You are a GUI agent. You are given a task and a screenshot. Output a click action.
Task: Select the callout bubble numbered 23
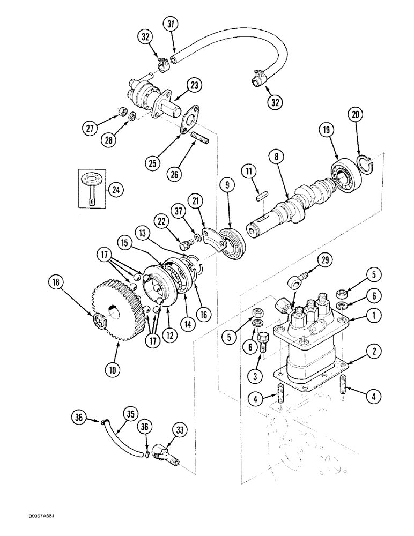(x=194, y=85)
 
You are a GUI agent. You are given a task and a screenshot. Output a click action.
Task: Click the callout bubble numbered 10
(x=115, y=368)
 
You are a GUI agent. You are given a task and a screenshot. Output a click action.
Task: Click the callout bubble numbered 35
(x=129, y=414)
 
